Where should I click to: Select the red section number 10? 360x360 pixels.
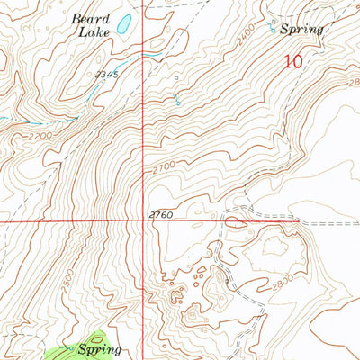[x=292, y=61]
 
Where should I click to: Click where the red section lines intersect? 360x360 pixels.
[x=147, y=220]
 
